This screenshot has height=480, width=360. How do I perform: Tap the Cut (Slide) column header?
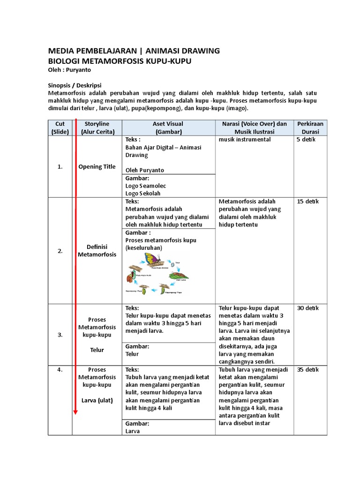click(60, 127)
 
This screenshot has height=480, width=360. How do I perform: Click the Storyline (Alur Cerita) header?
click(97, 127)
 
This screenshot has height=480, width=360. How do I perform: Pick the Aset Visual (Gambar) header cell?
click(168, 127)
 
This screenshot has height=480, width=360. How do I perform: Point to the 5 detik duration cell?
click(305, 140)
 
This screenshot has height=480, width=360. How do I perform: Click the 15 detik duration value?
click(307, 202)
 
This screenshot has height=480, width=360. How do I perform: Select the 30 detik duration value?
click(308, 308)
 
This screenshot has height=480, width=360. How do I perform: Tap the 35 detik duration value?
click(308, 370)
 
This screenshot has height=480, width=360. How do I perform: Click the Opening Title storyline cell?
click(97, 166)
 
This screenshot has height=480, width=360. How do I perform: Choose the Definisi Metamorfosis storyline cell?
click(97, 250)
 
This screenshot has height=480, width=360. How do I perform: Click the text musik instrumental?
click(245, 140)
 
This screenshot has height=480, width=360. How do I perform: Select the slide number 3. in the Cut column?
click(60, 335)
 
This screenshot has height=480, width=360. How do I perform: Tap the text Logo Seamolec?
click(146, 186)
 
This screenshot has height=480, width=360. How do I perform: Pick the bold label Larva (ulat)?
click(97, 400)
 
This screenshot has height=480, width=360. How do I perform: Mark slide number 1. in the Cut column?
click(60, 166)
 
